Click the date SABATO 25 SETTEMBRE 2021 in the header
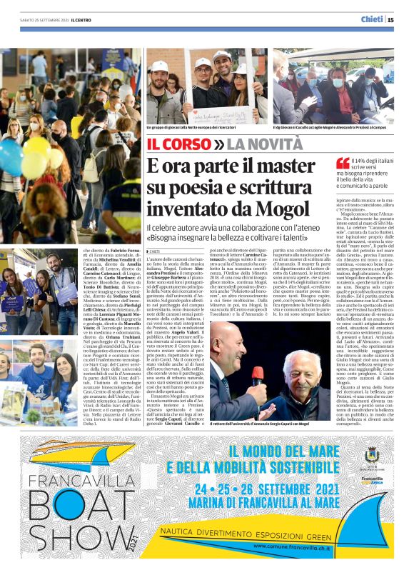[37, 20]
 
